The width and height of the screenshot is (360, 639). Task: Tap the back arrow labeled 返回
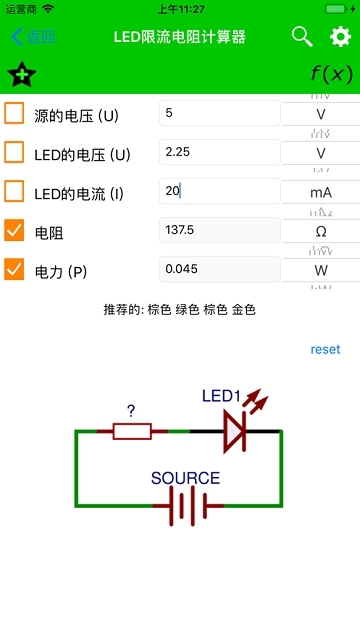pos(32,37)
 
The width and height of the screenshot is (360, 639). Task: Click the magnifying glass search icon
pos(302,37)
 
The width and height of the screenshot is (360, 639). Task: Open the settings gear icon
pos(341,38)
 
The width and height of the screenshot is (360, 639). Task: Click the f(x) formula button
pos(331,75)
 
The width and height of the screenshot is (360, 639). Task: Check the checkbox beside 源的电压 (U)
pos(15,113)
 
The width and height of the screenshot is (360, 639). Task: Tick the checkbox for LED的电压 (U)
pos(15,152)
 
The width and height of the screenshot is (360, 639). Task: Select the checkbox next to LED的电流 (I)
pos(15,191)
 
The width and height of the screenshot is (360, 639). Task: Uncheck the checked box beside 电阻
pos(15,231)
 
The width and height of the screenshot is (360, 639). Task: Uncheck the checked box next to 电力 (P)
pos(15,270)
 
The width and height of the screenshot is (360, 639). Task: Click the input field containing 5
pos(219,113)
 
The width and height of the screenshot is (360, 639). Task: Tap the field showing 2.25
pos(219,152)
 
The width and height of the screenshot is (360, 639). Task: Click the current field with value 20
pos(219,191)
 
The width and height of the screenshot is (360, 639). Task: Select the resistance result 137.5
pos(219,230)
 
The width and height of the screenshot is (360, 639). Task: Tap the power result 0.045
pos(219,269)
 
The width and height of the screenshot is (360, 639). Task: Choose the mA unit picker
pos(320,191)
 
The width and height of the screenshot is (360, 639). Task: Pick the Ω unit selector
pos(320,230)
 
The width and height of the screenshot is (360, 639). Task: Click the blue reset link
pos(325,349)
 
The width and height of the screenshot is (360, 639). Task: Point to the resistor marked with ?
pos(132,431)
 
